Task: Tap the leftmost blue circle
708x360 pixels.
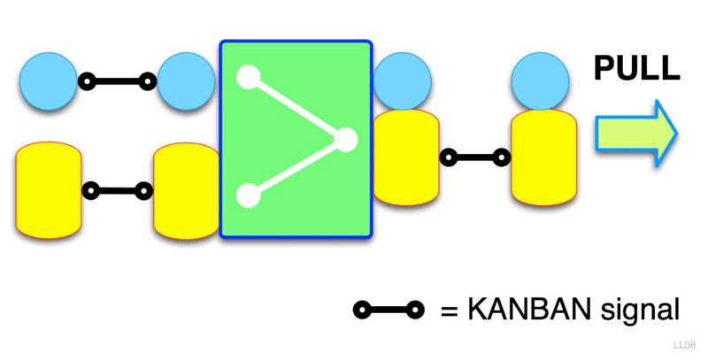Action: [x=48, y=81]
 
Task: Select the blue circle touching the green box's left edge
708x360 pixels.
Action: [x=187, y=81]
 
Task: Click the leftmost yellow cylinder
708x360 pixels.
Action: [x=49, y=194]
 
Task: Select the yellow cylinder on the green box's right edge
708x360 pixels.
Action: [x=406, y=157]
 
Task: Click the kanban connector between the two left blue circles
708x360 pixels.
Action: [x=117, y=82]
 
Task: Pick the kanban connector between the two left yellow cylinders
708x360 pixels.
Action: [x=117, y=189]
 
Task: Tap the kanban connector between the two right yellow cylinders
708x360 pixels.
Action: [x=475, y=158]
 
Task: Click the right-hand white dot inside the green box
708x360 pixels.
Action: [x=345, y=139]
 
